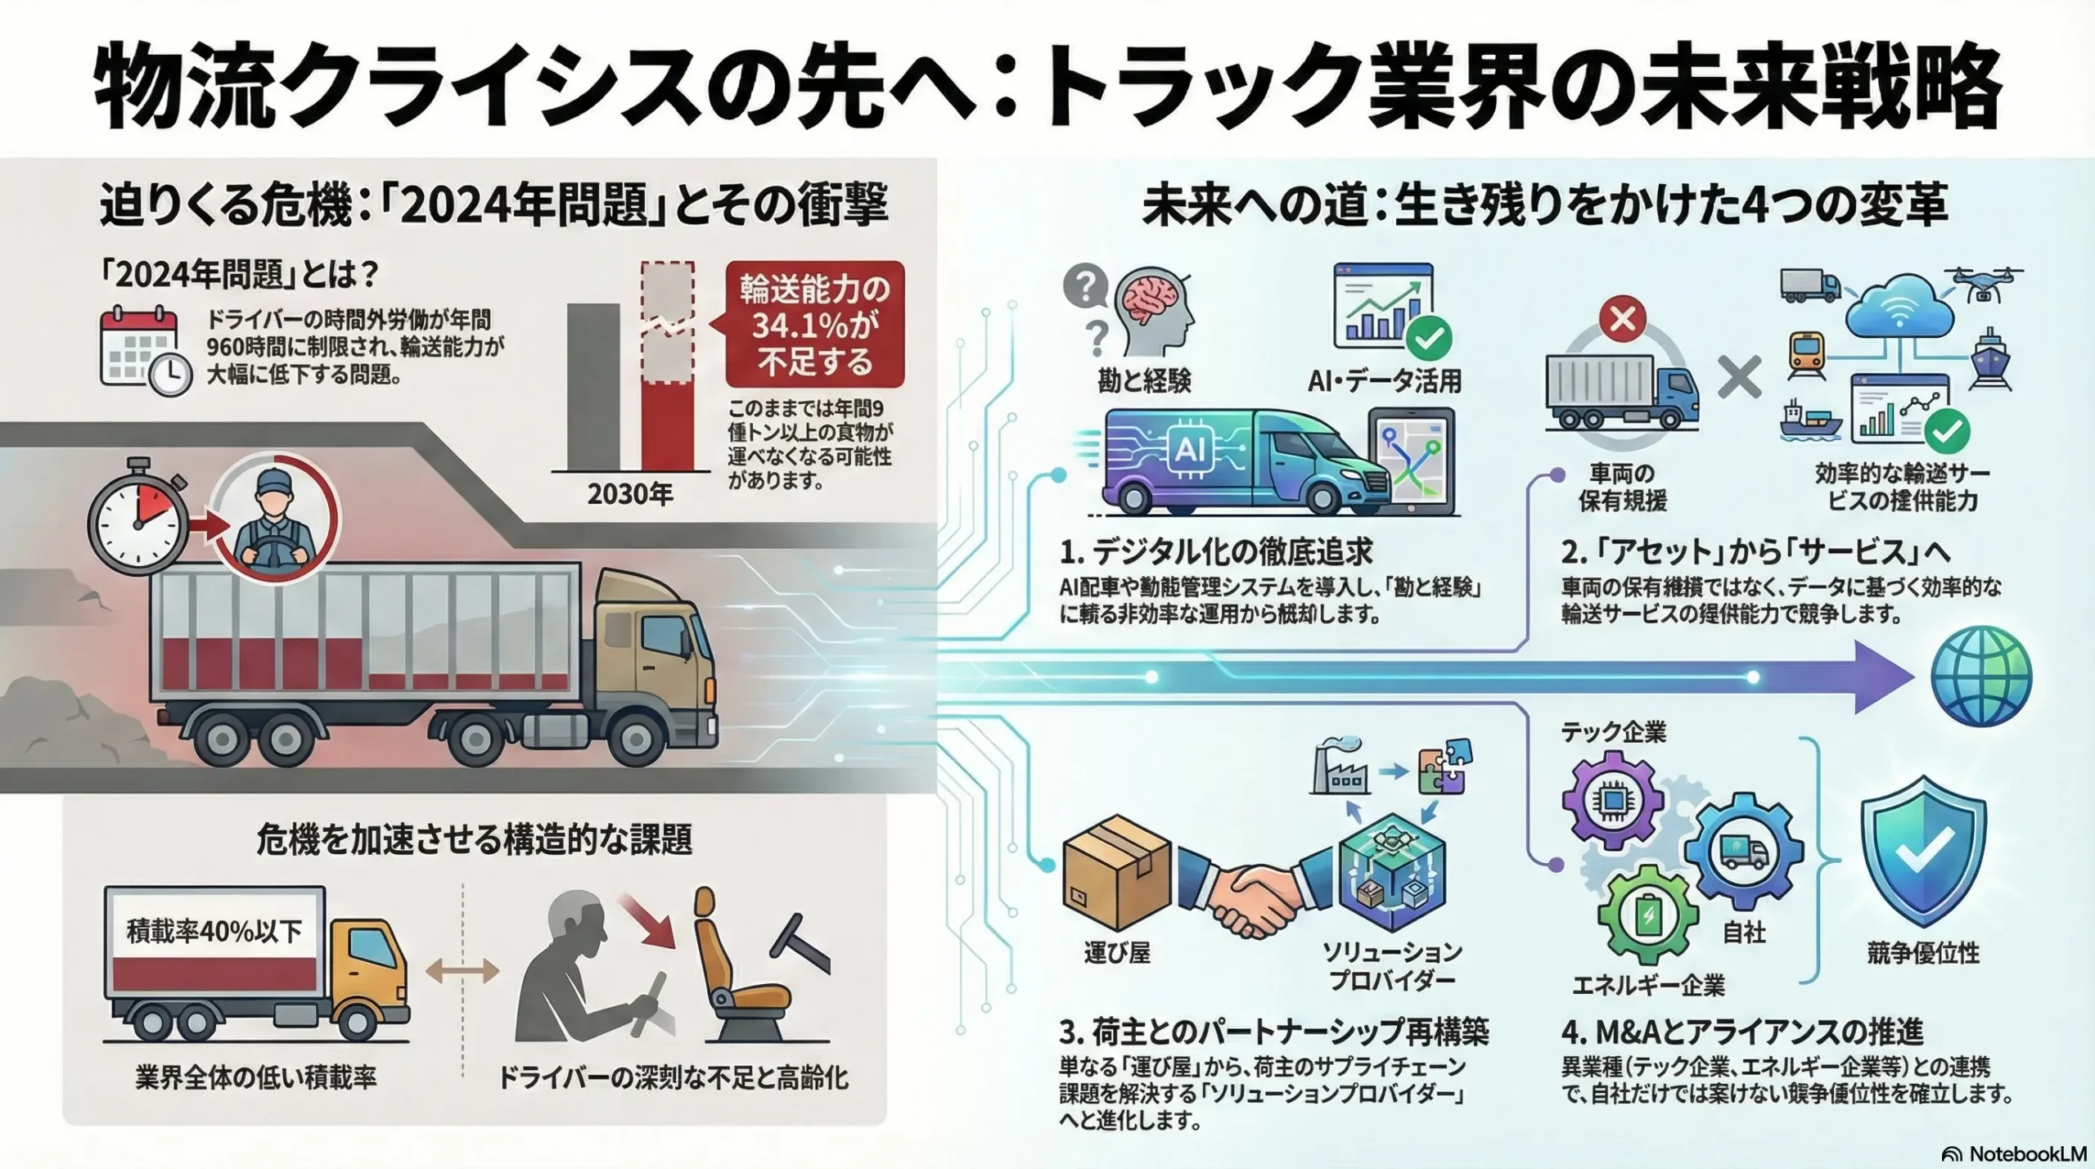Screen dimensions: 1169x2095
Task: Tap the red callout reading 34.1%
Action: click(x=814, y=325)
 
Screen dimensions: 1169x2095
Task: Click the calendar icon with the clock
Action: click(x=144, y=351)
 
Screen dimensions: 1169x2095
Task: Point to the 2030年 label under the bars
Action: click(x=630, y=493)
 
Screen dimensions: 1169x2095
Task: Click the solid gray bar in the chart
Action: click(x=592, y=387)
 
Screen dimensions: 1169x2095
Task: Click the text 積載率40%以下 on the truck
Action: click(x=214, y=931)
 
